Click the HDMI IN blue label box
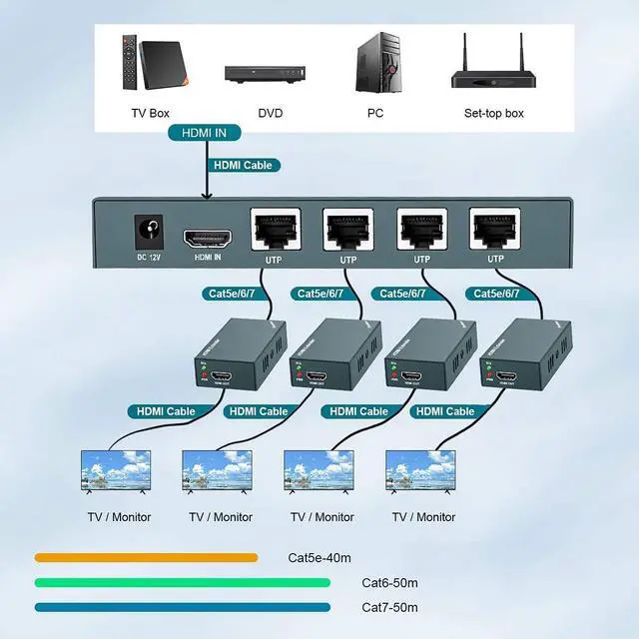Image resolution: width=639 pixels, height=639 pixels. pyautogui.click(x=205, y=132)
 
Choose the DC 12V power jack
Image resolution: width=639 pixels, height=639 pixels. pyautogui.click(x=149, y=233)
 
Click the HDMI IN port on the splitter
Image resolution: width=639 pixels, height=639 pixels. pyautogui.click(x=209, y=239)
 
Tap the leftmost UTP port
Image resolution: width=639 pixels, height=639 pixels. pyautogui.click(x=273, y=232)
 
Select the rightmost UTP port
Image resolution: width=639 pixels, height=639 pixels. pyautogui.click(x=495, y=232)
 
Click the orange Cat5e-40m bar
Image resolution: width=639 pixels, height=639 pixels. pyautogui.click(x=146, y=558)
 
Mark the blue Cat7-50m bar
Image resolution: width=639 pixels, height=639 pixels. pyautogui.click(x=182, y=607)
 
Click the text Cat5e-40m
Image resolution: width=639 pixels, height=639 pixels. pyautogui.click(x=319, y=558)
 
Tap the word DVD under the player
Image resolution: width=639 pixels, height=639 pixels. pyautogui.click(x=270, y=114)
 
